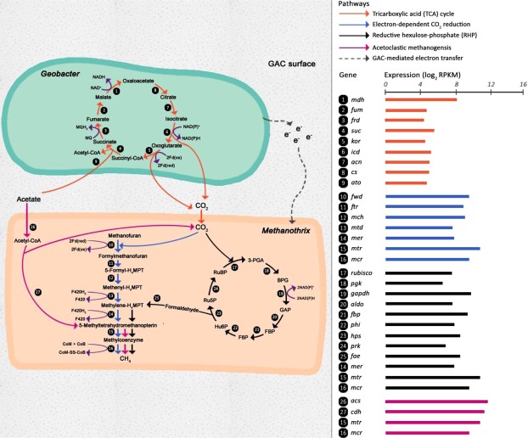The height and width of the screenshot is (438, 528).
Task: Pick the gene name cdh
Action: point(354,412)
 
